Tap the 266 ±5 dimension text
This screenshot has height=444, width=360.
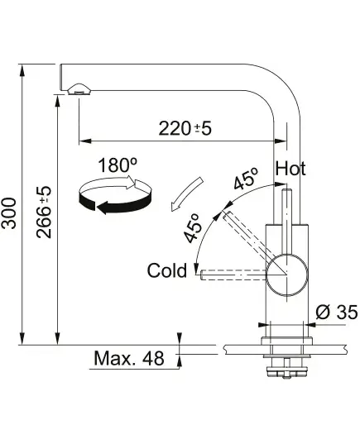[x=44, y=212]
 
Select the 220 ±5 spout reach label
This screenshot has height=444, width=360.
[x=185, y=128]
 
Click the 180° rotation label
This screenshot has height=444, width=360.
[x=118, y=165]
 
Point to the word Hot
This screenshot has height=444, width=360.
[x=290, y=169]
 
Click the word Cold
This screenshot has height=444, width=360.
[x=167, y=270]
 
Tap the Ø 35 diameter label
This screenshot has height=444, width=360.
[x=337, y=313]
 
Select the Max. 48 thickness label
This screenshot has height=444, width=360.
[x=129, y=358]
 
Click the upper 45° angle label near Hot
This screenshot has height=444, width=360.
[x=247, y=179]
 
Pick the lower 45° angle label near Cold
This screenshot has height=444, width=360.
[x=193, y=228]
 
